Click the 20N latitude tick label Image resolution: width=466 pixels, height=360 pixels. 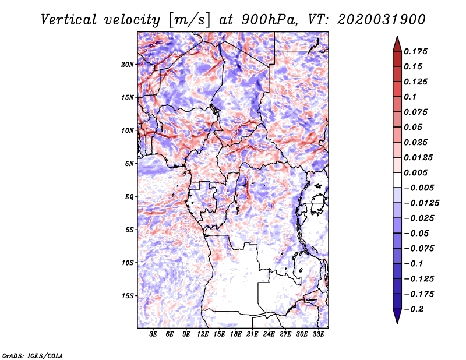[x=128, y=65]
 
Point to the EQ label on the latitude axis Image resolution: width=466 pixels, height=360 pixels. [x=129, y=197]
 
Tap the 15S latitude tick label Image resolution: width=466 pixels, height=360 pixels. [x=128, y=296]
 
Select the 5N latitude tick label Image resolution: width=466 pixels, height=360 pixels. [x=129, y=164]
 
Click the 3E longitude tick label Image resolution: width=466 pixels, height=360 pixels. [x=153, y=334]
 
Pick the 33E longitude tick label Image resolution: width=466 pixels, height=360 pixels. [x=318, y=334]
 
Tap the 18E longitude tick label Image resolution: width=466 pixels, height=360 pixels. [x=236, y=334]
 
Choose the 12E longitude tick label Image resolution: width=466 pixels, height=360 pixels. [x=203, y=334]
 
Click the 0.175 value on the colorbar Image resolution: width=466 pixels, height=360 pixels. [x=415, y=51]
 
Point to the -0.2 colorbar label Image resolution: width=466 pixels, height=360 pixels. [x=414, y=309]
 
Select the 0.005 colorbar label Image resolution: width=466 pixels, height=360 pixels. [x=415, y=172]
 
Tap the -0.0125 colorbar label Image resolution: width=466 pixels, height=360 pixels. [x=421, y=203]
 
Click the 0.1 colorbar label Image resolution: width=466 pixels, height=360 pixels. [x=410, y=97]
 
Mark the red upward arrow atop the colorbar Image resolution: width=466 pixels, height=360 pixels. [x=397, y=44]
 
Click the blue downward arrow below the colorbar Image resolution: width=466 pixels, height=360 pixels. [x=397, y=316]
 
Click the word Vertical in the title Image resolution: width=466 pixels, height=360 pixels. [x=69, y=20]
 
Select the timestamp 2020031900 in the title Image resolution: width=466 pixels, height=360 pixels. [x=382, y=20]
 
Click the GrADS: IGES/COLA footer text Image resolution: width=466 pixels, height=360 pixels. [x=33, y=355]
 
